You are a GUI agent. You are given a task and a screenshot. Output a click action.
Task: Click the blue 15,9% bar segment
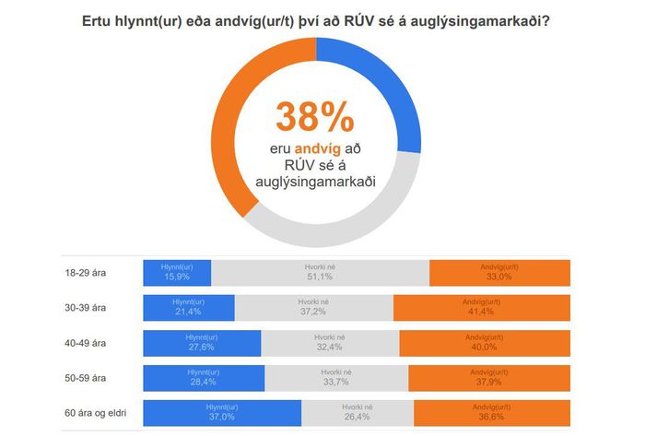(176, 273)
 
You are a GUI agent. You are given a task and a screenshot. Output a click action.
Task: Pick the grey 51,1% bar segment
(320, 273)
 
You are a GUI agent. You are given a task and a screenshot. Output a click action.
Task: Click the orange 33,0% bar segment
(499, 273)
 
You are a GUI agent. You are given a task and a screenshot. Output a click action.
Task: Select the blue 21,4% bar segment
(188, 308)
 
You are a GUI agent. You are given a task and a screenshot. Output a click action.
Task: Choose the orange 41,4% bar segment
(481, 308)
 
